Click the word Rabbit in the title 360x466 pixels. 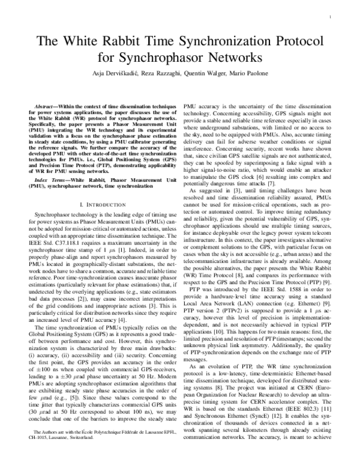pyautogui.click(x=145, y=41)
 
